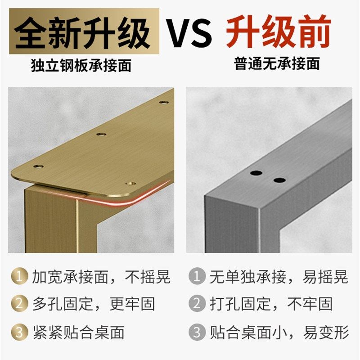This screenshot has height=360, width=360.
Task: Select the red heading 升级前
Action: coord(278,31)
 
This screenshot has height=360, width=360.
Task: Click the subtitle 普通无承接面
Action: coord(277,64)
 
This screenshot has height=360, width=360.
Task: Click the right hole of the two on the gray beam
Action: coord(279,180)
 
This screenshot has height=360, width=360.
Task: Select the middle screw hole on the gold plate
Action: coord(102,135)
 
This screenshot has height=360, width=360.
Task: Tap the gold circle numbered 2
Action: coord(18,304)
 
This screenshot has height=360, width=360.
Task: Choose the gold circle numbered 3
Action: coord(18,333)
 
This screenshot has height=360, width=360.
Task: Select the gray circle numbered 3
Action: coord(196,333)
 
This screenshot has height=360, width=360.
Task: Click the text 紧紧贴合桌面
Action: coord(78,333)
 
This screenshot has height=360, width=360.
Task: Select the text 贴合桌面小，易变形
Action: coord(279,333)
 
